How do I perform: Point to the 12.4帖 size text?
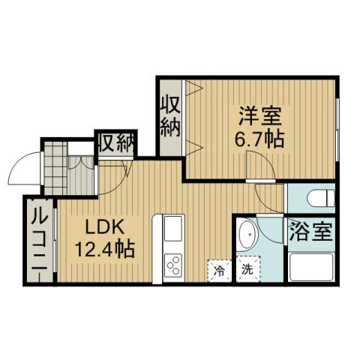coord(103,248)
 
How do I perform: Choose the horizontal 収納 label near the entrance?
coord(115,141)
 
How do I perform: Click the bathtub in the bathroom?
coord(310,266)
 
